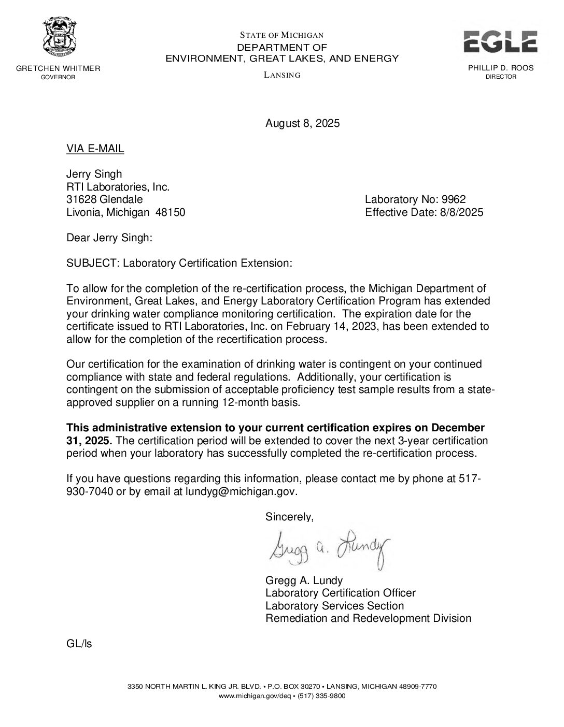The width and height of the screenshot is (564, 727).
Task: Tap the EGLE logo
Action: coord(500,42)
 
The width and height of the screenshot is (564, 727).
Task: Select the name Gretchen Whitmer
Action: coord(58,68)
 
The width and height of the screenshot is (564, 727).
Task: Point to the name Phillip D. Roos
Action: coord(500,68)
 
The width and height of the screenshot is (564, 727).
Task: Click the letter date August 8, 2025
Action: coord(302,123)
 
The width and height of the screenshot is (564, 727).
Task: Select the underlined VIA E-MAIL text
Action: coord(95,149)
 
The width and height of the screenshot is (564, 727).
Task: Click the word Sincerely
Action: coord(289,517)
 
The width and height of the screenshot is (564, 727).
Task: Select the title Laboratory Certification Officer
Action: coord(340,593)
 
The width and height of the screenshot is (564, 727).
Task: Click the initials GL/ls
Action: coord(79,645)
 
